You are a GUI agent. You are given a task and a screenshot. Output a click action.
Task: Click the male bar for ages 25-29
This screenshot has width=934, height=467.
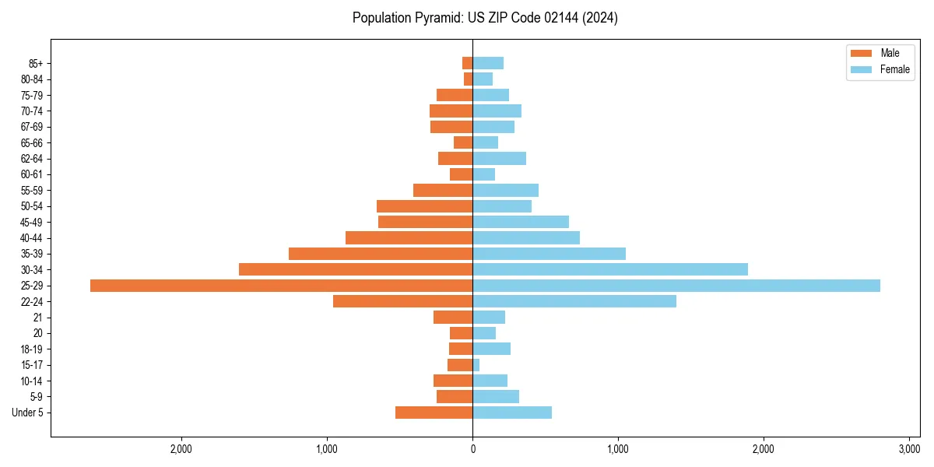(281, 286)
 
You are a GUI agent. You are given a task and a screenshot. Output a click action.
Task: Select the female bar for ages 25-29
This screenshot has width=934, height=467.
(676, 286)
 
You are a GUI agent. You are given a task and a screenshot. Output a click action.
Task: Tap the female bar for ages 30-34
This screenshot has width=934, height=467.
(610, 269)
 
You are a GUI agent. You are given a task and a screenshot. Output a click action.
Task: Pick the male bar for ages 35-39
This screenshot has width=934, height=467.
(381, 254)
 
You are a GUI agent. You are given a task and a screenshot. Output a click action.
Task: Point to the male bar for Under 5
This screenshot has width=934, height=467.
(434, 413)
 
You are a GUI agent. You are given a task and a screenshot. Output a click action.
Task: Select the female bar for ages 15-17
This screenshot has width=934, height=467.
(476, 365)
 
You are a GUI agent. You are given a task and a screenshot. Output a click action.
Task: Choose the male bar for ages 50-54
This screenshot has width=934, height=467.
(424, 206)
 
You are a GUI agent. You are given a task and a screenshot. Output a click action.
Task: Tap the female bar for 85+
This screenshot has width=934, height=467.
(488, 63)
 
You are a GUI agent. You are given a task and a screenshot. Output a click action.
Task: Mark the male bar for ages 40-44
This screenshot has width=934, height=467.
(409, 237)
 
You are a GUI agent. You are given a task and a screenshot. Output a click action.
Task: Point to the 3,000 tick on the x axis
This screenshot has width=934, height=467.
(909, 450)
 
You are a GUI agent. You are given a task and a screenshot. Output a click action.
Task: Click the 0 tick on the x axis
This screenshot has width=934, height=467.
(472, 450)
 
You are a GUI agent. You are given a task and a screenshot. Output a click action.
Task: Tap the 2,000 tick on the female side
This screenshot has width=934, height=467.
(764, 450)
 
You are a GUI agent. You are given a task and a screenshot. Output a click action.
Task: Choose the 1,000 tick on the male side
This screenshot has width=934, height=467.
(327, 450)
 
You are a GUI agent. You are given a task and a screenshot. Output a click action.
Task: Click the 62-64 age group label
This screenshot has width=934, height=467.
(32, 159)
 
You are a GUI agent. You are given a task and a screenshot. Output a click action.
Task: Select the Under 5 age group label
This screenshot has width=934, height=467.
(28, 413)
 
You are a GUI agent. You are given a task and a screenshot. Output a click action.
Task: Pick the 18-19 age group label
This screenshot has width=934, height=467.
(32, 349)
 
